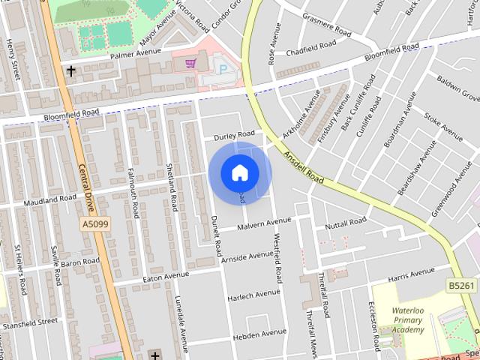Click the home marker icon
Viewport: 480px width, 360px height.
coord(239,172)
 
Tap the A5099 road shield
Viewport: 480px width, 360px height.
coord(94,224)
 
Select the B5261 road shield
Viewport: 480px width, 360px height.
coord(462,286)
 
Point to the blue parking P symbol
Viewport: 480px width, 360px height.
coord(222,69)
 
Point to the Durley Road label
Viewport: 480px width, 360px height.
coord(234,136)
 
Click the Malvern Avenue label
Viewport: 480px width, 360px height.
coord(263,223)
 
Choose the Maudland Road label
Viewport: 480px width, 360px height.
coord(50,200)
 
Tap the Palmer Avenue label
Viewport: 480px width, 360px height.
coord(136,54)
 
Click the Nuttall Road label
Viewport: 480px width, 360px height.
coord(345,223)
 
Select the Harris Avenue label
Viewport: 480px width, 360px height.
coord(412,275)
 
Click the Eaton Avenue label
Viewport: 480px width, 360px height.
coord(166,277)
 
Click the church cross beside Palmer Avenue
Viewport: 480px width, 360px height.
coord(71,71)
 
